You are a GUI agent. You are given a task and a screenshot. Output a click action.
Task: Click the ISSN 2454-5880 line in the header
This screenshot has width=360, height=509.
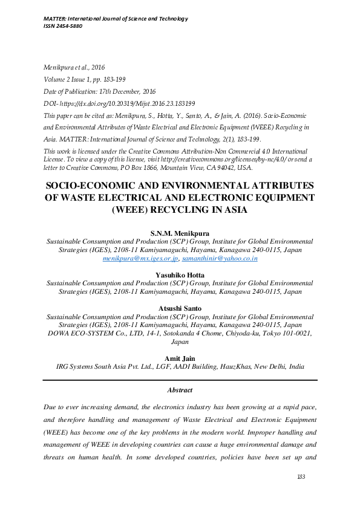(x=63, y=26)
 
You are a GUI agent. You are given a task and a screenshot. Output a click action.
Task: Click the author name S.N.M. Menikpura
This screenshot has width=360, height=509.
(x=180, y=232)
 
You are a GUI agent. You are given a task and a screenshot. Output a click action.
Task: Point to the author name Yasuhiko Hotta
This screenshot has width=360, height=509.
(x=180, y=274)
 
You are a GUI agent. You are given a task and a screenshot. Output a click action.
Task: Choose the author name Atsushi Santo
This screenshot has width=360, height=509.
(x=180, y=308)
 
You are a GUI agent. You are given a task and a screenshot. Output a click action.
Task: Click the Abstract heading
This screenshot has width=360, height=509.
(x=180, y=390)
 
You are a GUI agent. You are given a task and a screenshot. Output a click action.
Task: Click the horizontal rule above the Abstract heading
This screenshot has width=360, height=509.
(x=180, y=380)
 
